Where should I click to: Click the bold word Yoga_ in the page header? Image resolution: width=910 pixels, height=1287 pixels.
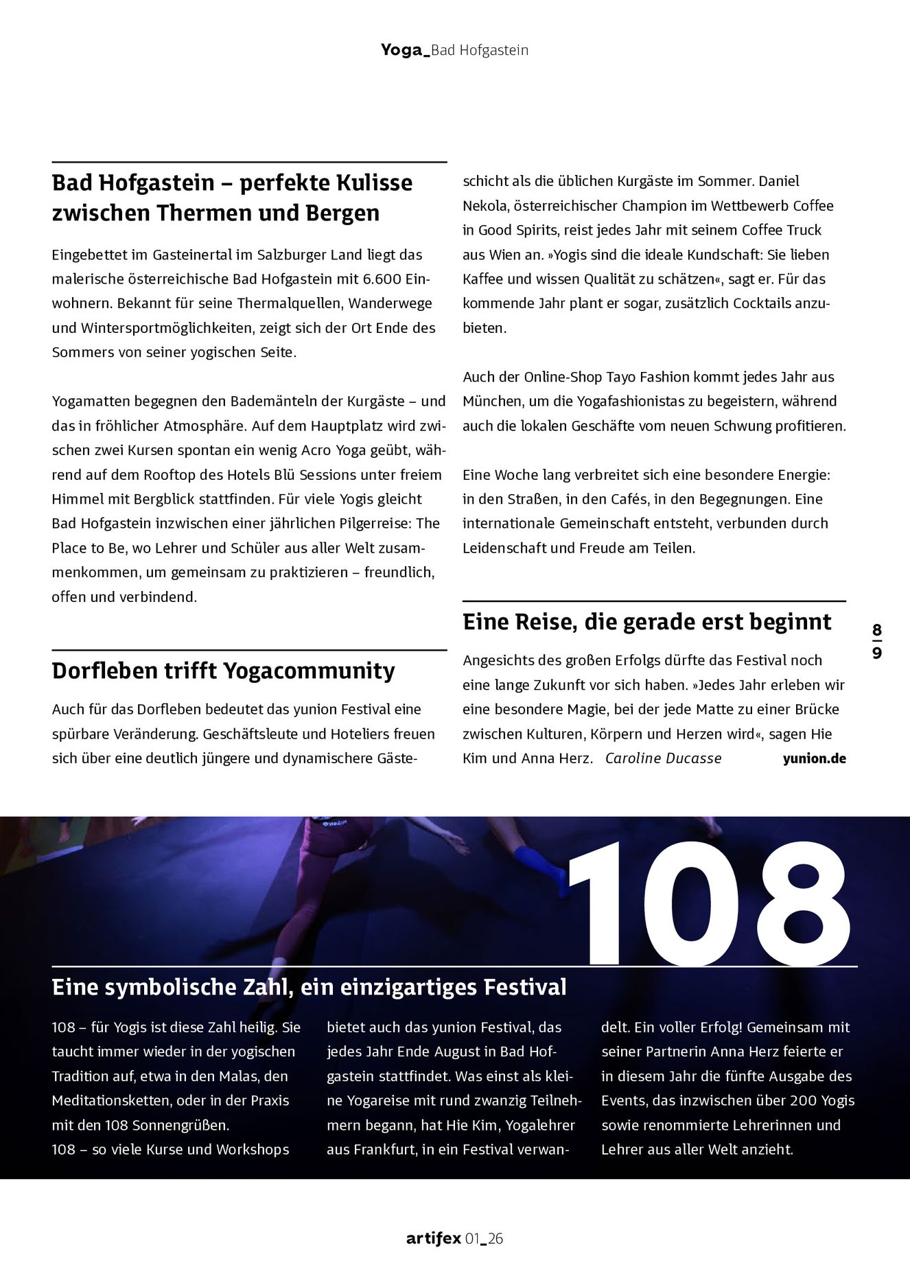coord(405,50)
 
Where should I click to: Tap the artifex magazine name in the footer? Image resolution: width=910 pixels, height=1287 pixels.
coord(433,1238)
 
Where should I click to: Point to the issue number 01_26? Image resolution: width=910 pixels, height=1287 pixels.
coord(484,1238)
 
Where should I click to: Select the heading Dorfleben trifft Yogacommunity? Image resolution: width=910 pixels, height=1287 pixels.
coord(223,671)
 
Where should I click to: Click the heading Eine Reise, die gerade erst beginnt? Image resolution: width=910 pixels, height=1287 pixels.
coord(646,622)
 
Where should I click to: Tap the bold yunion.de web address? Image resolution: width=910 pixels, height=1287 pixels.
coord(814,758)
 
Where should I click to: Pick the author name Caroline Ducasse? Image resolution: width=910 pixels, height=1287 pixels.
coord(663,758)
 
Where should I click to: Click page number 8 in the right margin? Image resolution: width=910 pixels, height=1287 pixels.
coord(877,630)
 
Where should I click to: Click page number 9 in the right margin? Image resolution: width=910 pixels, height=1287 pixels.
coord(877,653)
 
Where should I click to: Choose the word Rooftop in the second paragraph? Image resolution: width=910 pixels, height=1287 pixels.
coord(172,475)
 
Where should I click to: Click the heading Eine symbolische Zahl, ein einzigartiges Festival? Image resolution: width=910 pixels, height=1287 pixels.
coord(309,988)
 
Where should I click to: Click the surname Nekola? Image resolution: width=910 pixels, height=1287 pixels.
coord(485,206)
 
